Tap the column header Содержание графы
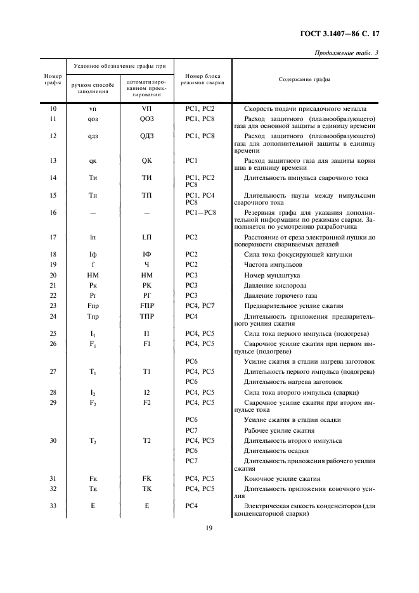(304, 79)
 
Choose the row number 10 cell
(53, 109)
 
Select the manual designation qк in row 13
(93, 160)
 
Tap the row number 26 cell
(53, 343)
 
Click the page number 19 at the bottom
(209, 528)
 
